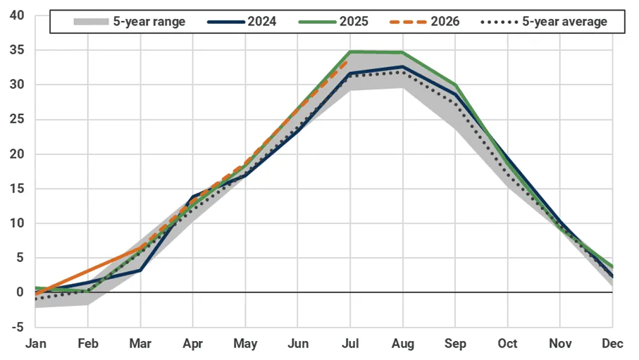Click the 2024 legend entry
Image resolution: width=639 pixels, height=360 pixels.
click(x=242, y=21)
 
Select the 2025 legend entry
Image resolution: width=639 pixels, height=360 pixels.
click(x=333, y=21)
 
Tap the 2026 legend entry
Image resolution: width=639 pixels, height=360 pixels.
click(x=425, y=21)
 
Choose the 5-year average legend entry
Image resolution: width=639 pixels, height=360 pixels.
click(x=544, y=21)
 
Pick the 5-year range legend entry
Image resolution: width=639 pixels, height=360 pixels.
click(x=129, y=21)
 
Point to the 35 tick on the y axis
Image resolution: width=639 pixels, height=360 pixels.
click(x=17, y=50)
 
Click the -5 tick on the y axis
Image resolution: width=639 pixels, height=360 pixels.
click(x=18, y=327)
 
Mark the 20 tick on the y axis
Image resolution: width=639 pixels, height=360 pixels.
click(x=17, y=154)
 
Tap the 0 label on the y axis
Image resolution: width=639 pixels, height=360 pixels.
click(x=20, y=292)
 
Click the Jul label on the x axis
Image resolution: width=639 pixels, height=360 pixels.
click(x=350, y=344)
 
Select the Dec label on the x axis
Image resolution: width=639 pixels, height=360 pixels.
click(x=612, y=344)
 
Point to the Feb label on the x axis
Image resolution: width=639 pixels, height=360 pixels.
click(x=88, y=344)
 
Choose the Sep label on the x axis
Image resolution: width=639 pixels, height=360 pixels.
click(x=455, y=344)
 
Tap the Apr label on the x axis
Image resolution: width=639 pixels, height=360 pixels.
click(x=193, y=344)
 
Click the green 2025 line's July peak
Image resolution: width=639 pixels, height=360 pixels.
click(x=350, y=51)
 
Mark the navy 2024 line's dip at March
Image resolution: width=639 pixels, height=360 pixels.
click(x=141, y=270)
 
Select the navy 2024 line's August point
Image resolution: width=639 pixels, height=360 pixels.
click(x=403, y=66)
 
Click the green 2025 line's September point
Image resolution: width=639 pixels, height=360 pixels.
click(x=455, y=85)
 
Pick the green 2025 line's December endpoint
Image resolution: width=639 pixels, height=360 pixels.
click(x=612, y=267)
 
